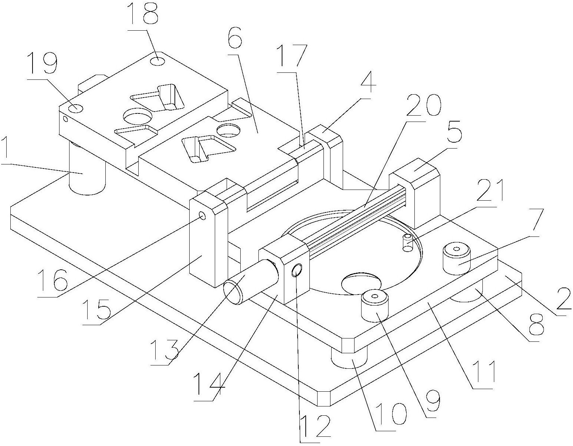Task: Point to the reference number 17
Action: pyautogui.click(x=294, y=55)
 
